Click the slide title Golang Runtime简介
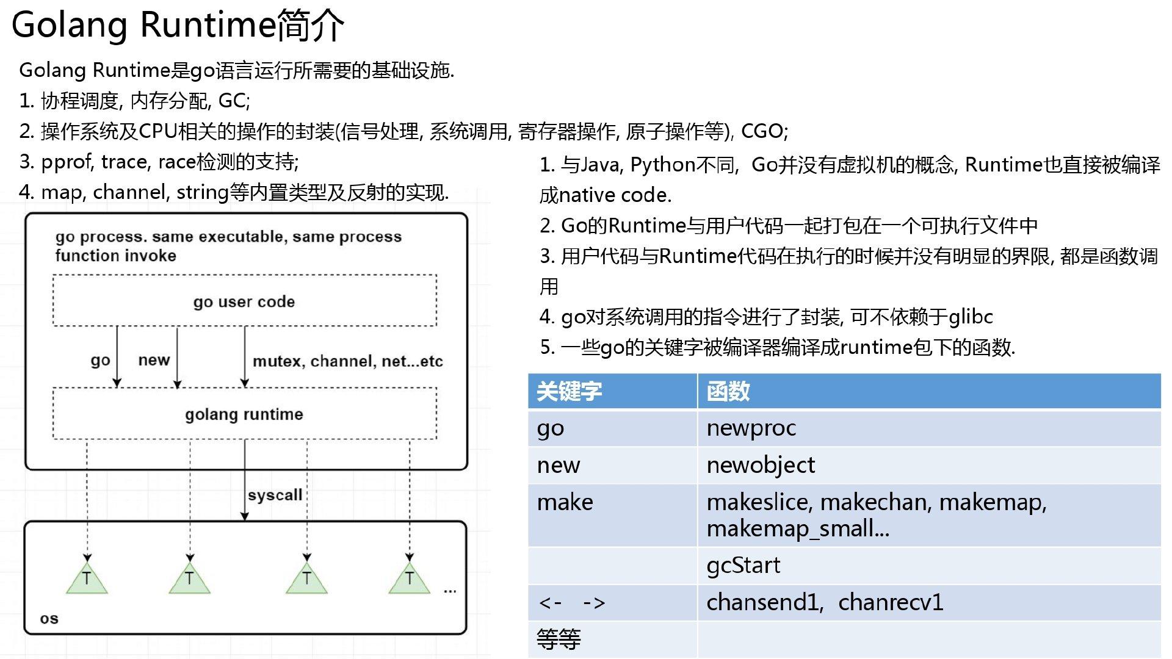tap(178, 26)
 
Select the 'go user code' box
tap(245, 300)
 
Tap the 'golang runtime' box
tap(245, 414)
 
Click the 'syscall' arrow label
tap(275, 495)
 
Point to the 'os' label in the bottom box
tap(49, 619)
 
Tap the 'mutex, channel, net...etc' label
tap(347, 361)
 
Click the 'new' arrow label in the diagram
tap(154, 360)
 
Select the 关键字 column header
tap(612, 391)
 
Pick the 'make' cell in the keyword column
tap(612, 515)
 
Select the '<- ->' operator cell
tap(612, 603)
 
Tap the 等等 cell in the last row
tap(612, 639)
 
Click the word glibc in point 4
tap(971, 317)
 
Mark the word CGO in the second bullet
tap(762, 131)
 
